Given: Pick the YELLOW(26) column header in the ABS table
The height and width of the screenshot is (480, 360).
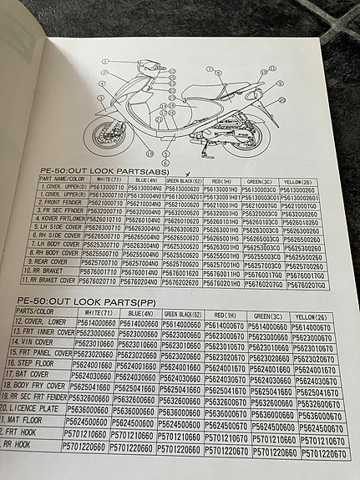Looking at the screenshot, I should tap(303, 180).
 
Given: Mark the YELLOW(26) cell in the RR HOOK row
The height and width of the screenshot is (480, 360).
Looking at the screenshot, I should tap(322, 454).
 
